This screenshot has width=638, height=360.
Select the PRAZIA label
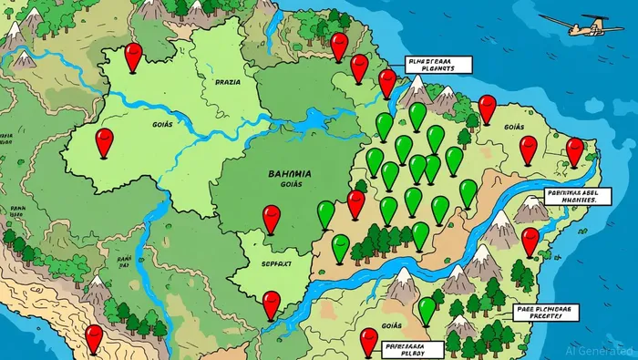pos(227,81)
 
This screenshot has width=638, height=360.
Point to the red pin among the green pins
pos(355,202)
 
